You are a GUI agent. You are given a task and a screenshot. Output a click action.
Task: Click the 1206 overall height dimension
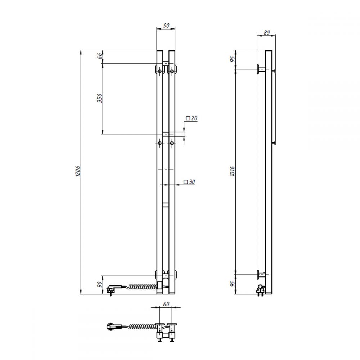(78, 171)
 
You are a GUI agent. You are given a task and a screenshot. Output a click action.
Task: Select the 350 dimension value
(99, 98)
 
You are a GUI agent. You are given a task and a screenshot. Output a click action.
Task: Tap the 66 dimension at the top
(100, 56)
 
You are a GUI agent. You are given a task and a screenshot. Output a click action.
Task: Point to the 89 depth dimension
(266, 33)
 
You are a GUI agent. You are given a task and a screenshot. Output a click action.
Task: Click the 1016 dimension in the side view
(232, 171)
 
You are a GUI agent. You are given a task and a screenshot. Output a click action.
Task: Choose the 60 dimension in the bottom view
(166, 304)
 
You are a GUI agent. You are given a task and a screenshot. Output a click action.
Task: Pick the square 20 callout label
(192, 118)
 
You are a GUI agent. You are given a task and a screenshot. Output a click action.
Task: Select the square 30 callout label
(189, 182)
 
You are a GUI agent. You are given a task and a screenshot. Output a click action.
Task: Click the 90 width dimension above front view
(166, 26)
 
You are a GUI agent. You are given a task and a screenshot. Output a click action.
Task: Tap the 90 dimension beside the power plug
(99, 284)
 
